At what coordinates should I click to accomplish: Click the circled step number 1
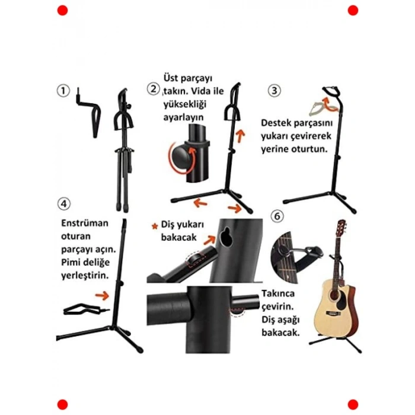[x=63, y=91]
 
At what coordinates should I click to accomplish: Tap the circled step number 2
[x=153, y=89]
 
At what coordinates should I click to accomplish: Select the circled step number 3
[x=274, y=91]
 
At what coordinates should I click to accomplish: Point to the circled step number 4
[x=64, y=204]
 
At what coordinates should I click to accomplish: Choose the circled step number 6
[x=277, y=216]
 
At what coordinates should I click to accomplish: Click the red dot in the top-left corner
[x=62, y=10]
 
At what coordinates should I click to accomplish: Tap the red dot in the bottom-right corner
[x=353, y=405]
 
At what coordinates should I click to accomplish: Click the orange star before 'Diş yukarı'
[x=155, y=226]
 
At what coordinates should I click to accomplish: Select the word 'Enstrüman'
[x=85, y=223]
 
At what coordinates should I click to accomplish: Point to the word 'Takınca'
[x=278, y=293]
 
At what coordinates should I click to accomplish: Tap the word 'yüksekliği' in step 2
[x=185, y=104]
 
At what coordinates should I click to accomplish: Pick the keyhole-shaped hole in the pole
[x=225, y=237]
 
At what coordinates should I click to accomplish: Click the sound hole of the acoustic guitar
[x=333, y=293]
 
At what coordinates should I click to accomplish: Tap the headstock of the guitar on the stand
[x=341, y=226]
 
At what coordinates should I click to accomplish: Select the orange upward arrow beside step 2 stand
[x=240, y=136]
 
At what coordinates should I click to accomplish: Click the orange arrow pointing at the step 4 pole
[x=102, y=295]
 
